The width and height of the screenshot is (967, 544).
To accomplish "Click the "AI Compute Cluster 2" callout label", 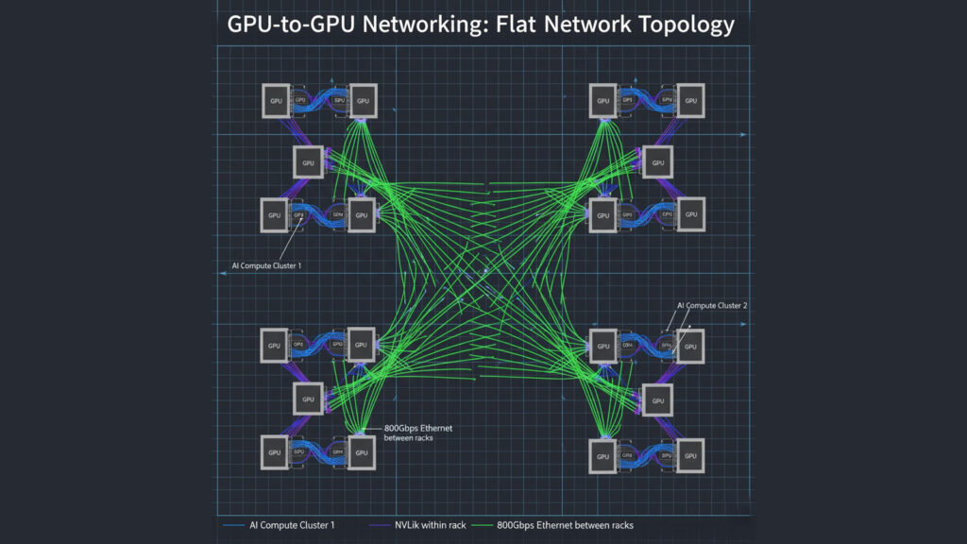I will (712, 306).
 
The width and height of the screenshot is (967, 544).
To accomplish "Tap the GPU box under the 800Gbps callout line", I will (360, 452).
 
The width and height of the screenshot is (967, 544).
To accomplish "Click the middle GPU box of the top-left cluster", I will (308, 162).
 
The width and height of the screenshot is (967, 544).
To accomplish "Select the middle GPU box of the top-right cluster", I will (658, 162).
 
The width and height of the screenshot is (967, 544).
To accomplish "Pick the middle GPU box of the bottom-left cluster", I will (308, 399).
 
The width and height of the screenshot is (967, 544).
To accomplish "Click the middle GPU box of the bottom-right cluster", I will (658, 399).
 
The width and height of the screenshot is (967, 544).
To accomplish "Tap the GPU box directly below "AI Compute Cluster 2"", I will (690, 347).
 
